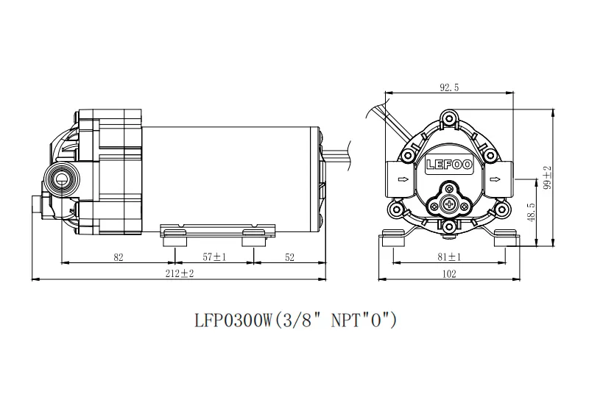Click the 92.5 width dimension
pos(449,87)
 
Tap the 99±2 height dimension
pos(547,177)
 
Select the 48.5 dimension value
pos(531,212)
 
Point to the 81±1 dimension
pos(449,257)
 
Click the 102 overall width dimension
pos(449,273)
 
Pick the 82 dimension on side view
pos(119,257)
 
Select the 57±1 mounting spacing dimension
pos(214,257)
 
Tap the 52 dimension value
pos(289,257)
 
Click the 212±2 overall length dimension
pos(180,273)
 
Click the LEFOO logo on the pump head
pos(449,165)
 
